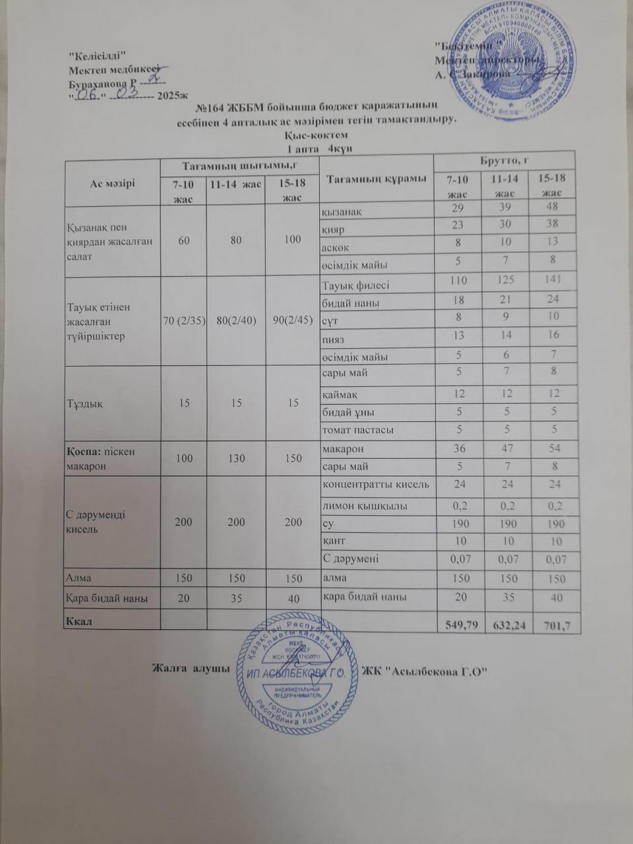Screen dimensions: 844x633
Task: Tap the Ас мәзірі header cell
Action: click(x=113, y=183)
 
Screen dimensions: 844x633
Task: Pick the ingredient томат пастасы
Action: click(x=357, y=430)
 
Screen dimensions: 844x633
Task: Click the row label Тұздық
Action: click(x=82, y=403)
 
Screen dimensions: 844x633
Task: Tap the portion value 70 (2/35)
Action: click(x=185, y=321)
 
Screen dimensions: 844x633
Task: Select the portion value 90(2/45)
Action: click(x=291, y=321)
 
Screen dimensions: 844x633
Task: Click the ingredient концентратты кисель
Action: click(x=376, y=485)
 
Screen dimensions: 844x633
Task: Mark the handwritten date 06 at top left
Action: click(x=86, y=95)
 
